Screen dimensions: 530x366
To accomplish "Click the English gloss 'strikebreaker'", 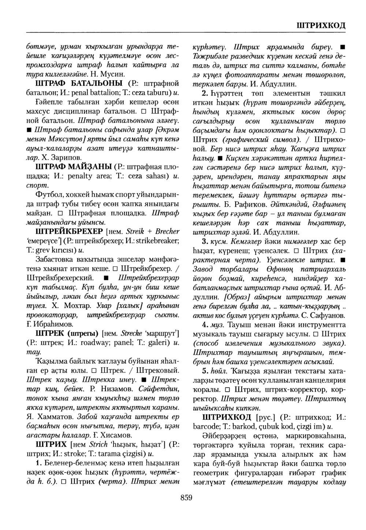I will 151,241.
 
